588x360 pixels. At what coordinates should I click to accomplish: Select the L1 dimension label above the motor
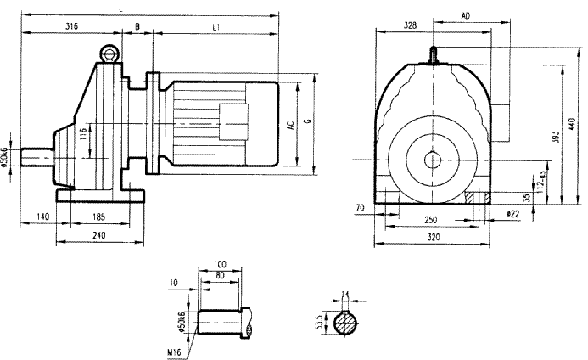point(216,27)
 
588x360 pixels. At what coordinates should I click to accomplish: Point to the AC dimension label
point(291,125)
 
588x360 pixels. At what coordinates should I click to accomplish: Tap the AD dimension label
point(466,16)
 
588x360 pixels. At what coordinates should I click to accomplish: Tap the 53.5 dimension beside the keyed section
point(318,326)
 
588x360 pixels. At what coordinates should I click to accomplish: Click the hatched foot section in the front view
point(472,196)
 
